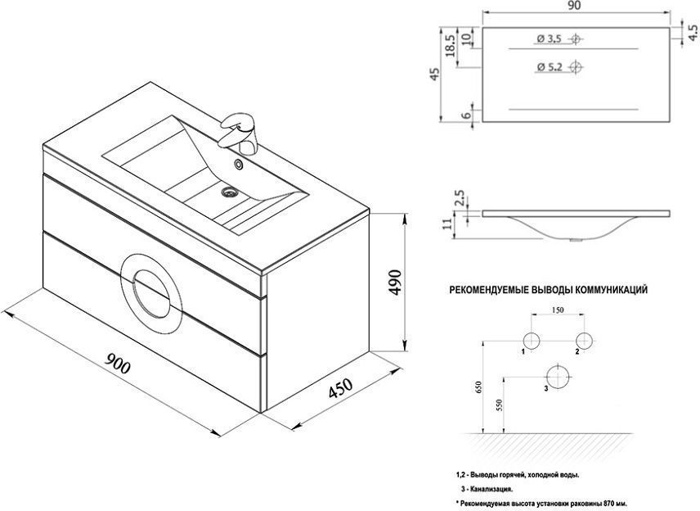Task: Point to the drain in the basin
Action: [x=230, y=193]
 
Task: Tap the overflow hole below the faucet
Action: [x=239, y=165]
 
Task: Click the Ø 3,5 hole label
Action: [x=549, y=39]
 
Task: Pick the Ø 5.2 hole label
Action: [x=549, y=66]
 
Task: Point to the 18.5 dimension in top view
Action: [x=450, y=44]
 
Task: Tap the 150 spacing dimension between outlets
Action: [x=558, y=311]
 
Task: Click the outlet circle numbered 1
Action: [x=532, y=340]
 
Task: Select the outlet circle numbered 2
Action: [x=584, y=340]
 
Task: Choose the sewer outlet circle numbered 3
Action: [x=558, y=378]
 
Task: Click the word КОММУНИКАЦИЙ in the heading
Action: [x=608, y=289]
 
